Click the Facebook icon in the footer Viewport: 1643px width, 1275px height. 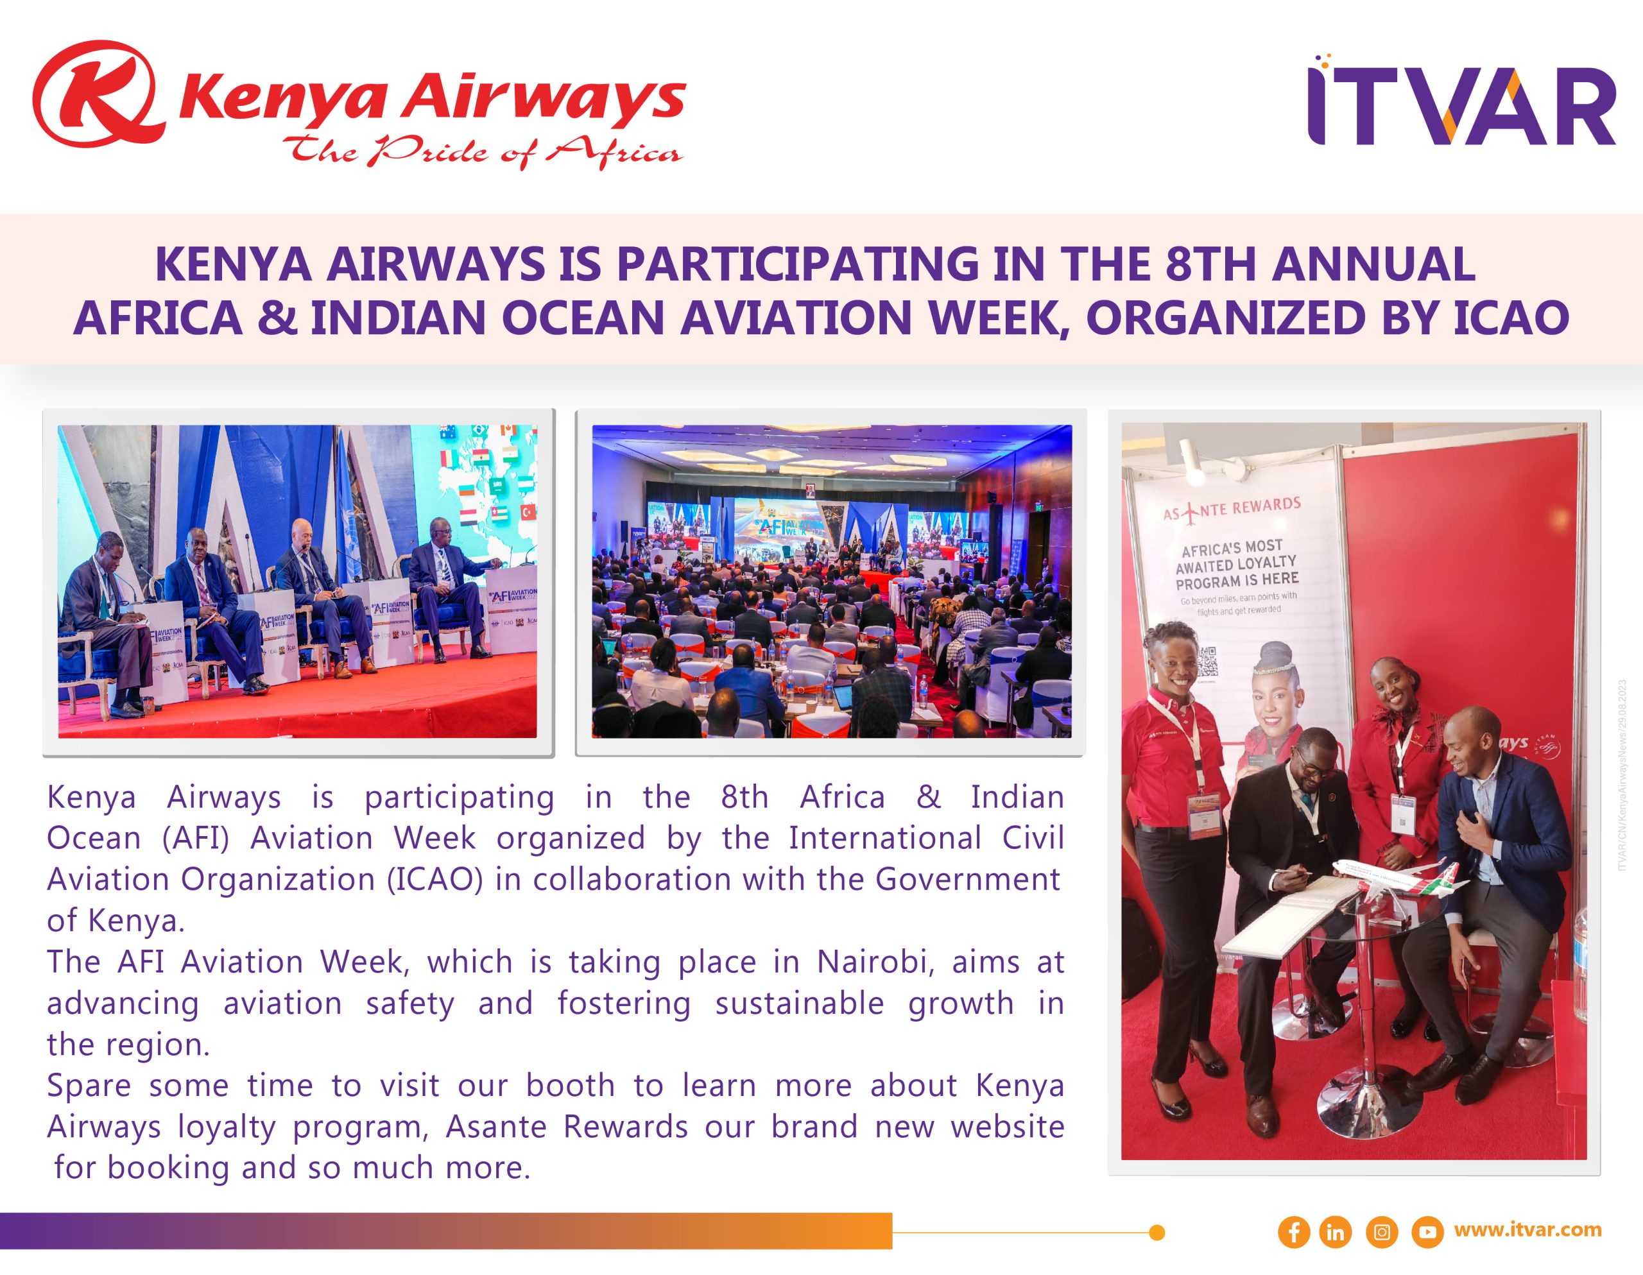[x=1294, y=1232]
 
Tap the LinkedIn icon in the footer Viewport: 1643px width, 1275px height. [x=1336, y=1232]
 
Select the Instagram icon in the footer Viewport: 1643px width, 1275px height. [x=1381, y=1232]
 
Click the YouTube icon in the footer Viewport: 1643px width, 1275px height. [x=1427, y=1232]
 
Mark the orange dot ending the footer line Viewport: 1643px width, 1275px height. [x=1158, y=1232]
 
